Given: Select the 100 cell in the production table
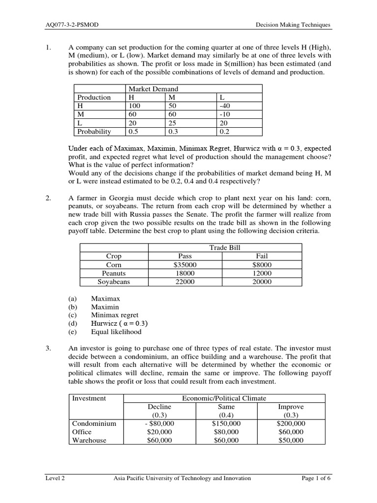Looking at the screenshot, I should tap(134, 106).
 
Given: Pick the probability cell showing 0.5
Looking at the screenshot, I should tap(134, 132).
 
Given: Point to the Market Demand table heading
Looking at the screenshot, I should tap(153, 89).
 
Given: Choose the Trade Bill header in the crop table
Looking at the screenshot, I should tap(225, 248).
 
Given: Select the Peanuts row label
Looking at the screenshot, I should tap(114, 273).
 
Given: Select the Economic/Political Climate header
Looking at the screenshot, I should tap(225, 398).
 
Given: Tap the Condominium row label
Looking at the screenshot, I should tap(94, 423).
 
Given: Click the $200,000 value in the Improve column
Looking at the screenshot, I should tap(291, 423).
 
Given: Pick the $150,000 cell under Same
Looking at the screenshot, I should tap(226, 423).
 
